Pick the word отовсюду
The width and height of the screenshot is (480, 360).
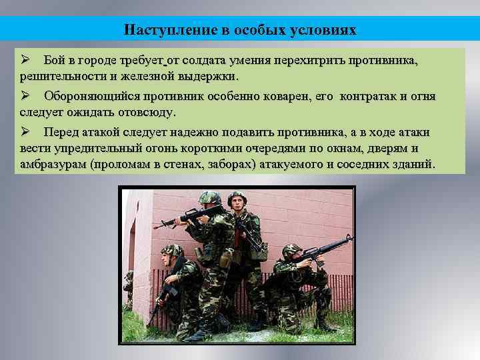[x=146, y=111]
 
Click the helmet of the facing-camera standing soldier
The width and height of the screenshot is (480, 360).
[x=237, y=198]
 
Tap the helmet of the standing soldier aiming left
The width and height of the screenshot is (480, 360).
[x=210, y=197]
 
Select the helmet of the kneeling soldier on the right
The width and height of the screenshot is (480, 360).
[x=291, y=251]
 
